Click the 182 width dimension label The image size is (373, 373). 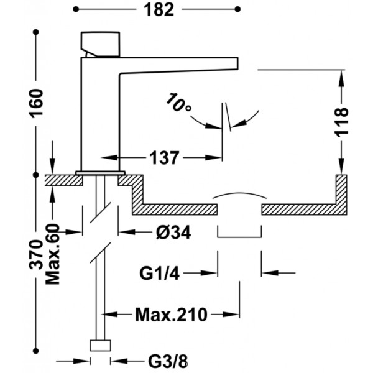point(159,10)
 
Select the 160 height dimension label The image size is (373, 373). point(36,103)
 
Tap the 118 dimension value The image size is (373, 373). point(341,122)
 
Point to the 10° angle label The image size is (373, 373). point(178,103)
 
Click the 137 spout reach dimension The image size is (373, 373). point(164,158)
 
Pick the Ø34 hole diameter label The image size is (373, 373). point(173,232)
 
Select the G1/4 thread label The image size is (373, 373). point(159,274)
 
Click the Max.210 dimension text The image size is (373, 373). point(172,315)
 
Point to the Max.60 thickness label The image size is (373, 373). point(53,254)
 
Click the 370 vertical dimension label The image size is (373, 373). point(36,254)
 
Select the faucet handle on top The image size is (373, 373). point(100,45)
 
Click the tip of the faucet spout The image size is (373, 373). point(237,63)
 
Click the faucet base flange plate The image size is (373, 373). point(100,173)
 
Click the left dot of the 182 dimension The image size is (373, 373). point(76,9)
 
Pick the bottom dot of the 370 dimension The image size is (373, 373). point(36,351)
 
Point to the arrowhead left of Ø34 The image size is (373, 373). point(125,232)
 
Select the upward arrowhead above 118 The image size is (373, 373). point(341,78)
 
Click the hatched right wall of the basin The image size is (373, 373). point(341,195)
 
